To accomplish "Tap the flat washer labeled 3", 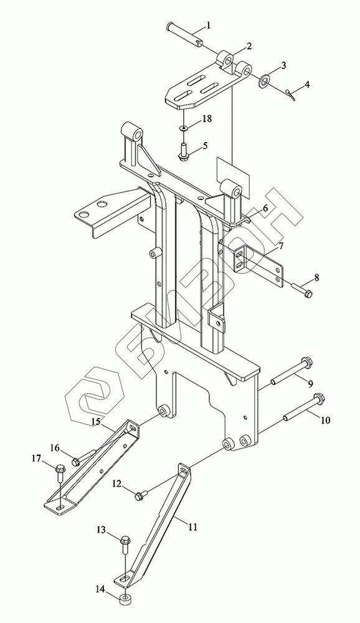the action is (264, 80).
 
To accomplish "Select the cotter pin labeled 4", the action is (290, 93).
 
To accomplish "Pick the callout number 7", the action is (280, 246).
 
